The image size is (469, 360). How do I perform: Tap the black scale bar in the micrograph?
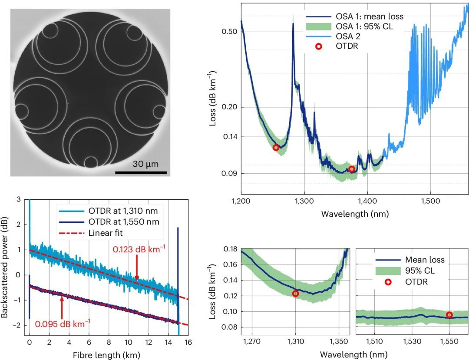tap(141, 172)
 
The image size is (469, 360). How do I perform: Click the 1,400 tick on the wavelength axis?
tap(367, 203)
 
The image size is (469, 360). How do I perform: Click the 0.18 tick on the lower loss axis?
tap(229, 249)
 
